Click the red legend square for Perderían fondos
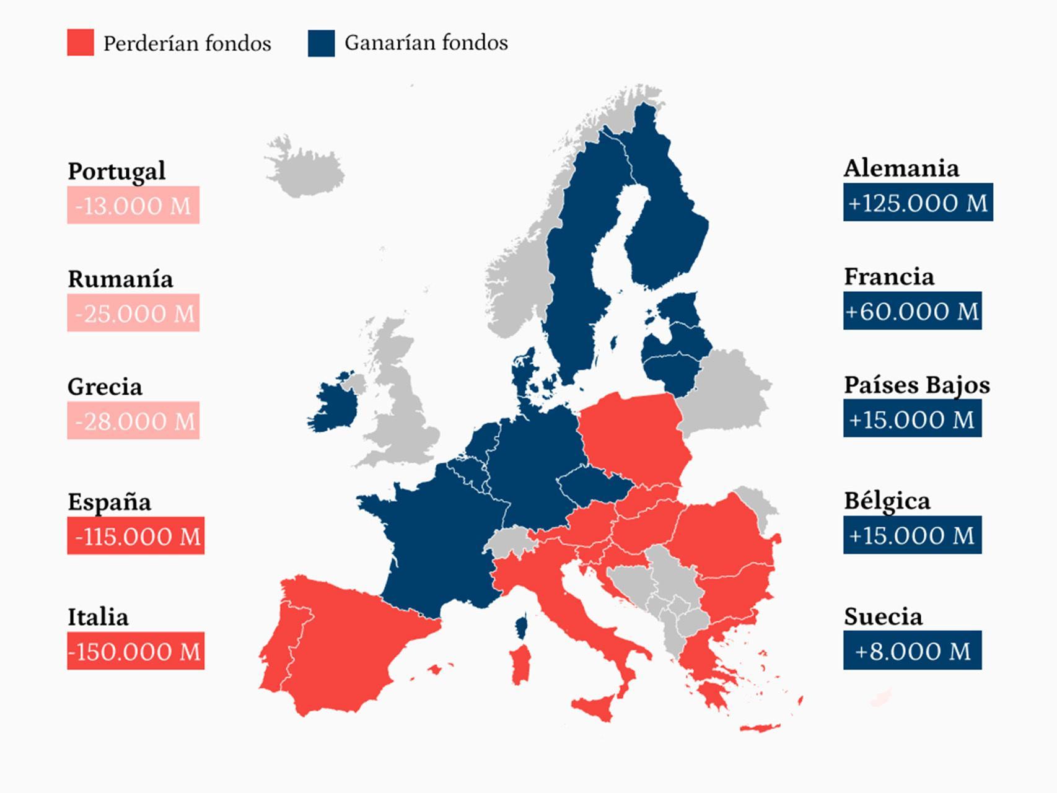(81, 42)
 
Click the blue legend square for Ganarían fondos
(321, 43)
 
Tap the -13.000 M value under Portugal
(133, 205)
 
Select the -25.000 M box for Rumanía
(133, 313)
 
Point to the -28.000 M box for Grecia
(133, 421)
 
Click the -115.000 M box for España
(136, 536)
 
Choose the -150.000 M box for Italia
(136, 651)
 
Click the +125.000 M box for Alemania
(918, 202)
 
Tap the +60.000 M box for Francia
(912, 310)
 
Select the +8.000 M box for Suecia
(912, 651)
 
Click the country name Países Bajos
(917, 385)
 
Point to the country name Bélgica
(887, 501)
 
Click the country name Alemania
(901, 169)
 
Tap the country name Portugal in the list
(116, 171)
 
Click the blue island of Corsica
(522, 626)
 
